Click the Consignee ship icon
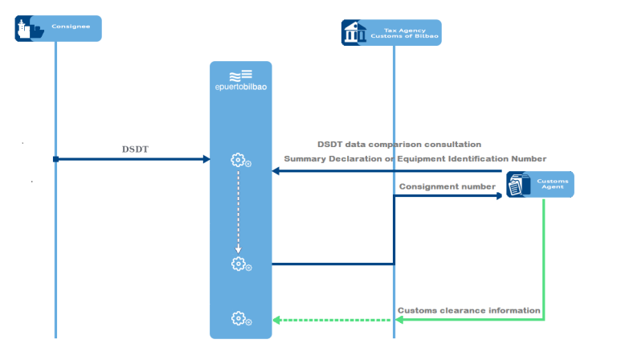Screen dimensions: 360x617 [31, 30]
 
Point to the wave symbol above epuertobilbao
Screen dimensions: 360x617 [240, 76]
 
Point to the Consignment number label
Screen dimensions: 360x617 [447, 187]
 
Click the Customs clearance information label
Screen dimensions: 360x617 [468, 310]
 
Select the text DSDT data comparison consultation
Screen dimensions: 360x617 [399, 145]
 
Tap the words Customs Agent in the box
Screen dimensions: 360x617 [553, 184]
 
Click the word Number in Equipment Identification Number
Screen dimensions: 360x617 [526, 159]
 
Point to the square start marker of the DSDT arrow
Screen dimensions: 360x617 [55, 159]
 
